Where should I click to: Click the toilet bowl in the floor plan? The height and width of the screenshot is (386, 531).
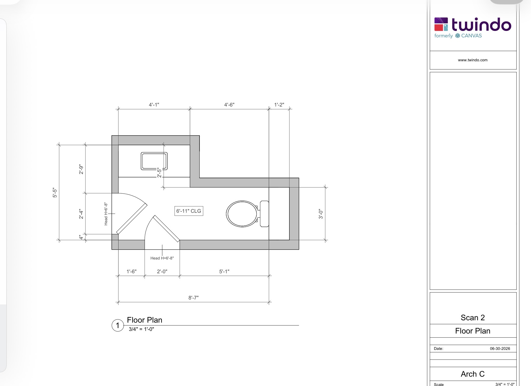pyautogui.click(x=242, y=214)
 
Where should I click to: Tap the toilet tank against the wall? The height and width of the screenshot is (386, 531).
pyautogui.click(x=264, y=214)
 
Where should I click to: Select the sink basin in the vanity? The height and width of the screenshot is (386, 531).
pyautogui.click(x=154, y=161)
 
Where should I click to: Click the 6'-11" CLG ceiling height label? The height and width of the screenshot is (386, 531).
pyautogui.click(x=189, y=211)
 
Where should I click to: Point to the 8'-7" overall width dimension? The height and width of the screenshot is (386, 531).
pyautogui.click(x=194, y=298)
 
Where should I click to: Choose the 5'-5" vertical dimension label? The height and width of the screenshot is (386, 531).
pyautogui.click(x=55, y=192)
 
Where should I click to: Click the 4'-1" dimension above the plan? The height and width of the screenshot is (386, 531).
pyautogui.click(x=154, y=105)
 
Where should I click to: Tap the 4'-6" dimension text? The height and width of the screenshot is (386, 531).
pyautogui.click(x=229, y=105)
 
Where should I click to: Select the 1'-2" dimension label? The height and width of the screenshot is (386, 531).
pyautogui.click(x=279, y=105)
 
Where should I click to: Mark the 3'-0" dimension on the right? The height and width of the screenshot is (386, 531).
pyautogui.click(x=321, y=214)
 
